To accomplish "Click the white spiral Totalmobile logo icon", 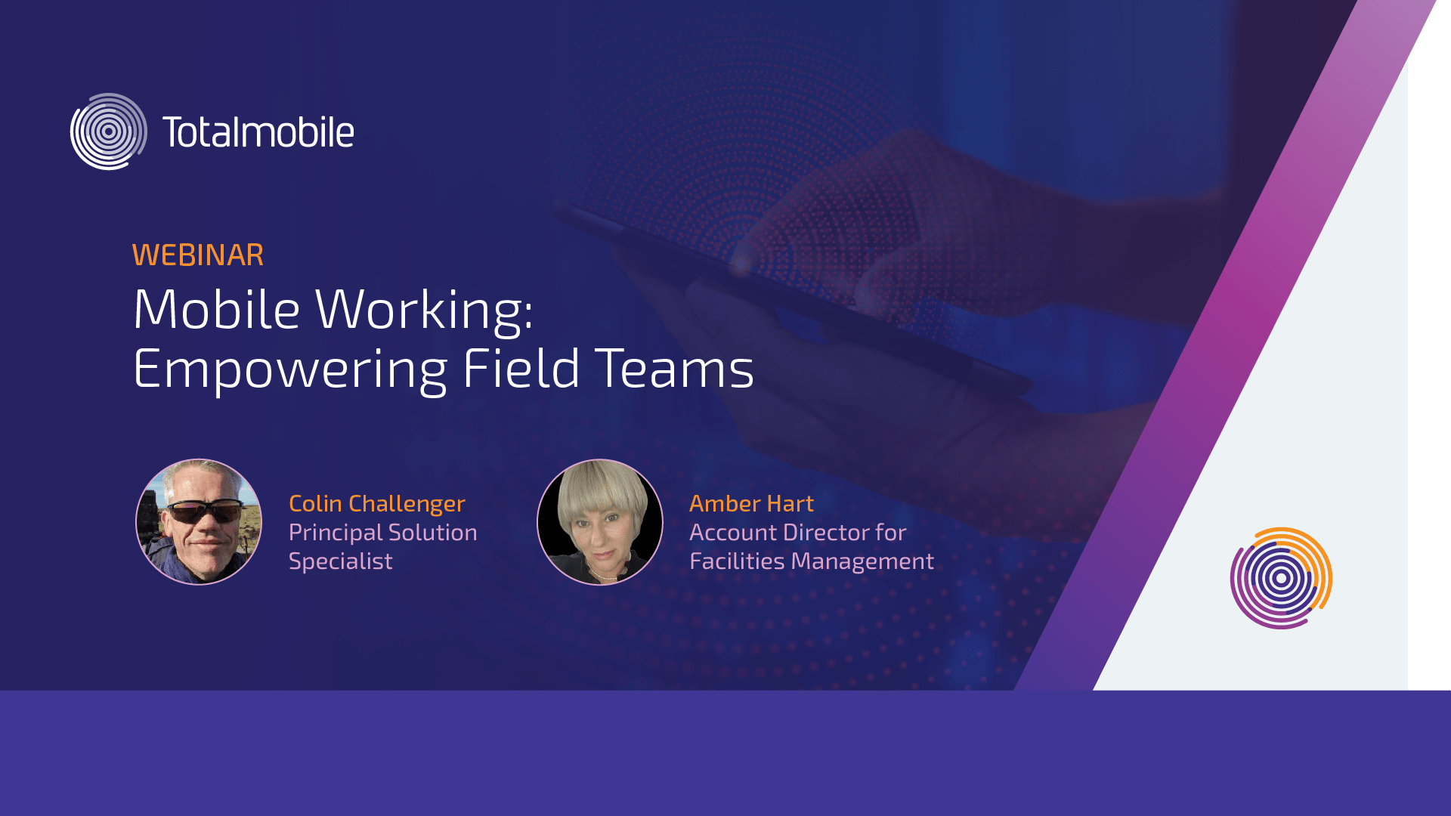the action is [109, 131].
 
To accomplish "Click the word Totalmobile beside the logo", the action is [258, 132].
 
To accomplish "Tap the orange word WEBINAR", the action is [198, 255].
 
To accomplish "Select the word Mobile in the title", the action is [217, 310].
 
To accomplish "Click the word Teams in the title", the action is [675, 369].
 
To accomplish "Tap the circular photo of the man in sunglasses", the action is [199, 522].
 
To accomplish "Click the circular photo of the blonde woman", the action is [600, 522].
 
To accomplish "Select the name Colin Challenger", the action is [377, 504].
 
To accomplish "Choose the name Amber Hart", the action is [751, 504].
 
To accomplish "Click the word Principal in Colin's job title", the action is [336, 533].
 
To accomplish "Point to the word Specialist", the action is [341, 561].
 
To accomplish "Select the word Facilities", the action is [737, 561].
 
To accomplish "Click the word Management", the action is [862, 562].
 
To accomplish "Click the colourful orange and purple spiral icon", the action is [1281, 578].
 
